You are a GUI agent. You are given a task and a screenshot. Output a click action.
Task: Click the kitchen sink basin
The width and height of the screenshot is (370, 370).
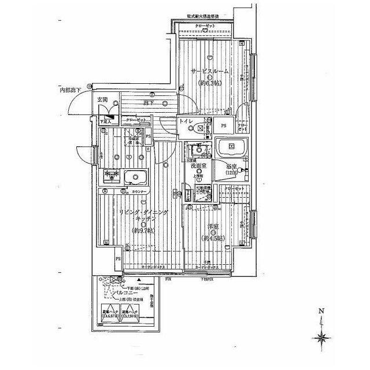coord(135,177)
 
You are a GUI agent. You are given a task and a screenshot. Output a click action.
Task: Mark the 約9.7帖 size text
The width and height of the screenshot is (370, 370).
coord(143,231)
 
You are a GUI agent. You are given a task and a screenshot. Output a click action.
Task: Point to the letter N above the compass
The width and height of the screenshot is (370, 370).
coord(320,312)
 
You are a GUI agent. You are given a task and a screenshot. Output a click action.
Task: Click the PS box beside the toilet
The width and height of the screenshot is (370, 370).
coord(223,125)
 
